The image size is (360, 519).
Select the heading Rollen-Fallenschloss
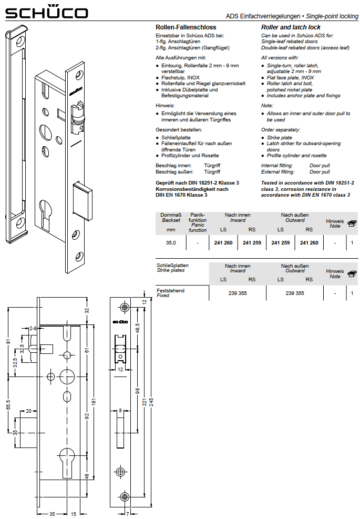tap(180, 27)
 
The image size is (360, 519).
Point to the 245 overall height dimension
tap(151, 402)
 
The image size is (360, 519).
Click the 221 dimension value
tap(144, 402)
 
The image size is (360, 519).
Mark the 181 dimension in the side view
tap(94, 402)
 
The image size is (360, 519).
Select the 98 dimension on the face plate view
tap(138, 391)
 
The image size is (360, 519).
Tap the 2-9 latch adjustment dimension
tap(33, 329)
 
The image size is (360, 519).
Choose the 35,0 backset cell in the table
tap(171, 243)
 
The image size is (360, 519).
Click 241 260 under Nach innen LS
tap(223, 243)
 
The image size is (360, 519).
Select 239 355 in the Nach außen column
tap(294, 293)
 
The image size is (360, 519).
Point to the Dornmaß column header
tap(171, 215)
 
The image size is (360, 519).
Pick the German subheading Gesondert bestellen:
tap(179, 129)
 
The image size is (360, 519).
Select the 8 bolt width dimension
tap(120, 410)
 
